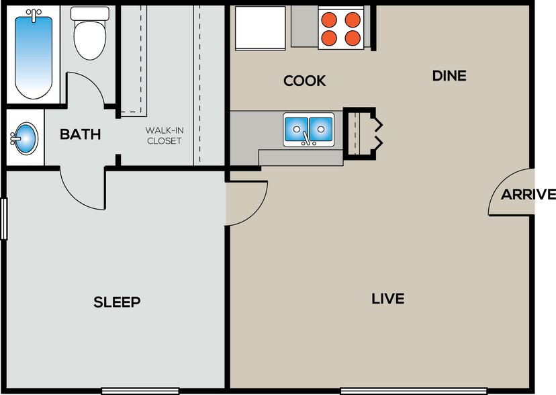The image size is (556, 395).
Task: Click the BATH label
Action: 80,134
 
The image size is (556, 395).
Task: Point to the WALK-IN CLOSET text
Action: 164,136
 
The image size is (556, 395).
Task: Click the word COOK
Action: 304,81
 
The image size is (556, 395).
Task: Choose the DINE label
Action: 449,76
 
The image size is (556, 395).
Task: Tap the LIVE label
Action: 387,298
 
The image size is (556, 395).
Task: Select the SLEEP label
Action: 117,302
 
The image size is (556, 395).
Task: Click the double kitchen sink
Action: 308,129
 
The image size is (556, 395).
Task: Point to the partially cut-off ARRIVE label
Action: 518,195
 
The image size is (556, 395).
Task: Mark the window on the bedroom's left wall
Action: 4,218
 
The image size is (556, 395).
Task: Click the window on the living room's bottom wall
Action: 391,390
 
